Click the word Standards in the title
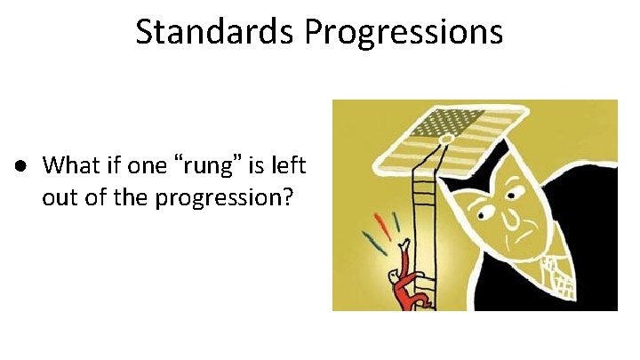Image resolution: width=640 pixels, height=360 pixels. tap(216, 32)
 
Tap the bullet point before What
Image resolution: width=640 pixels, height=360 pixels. tap(18, 167)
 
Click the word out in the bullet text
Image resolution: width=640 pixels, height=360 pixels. tap(58, 197)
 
